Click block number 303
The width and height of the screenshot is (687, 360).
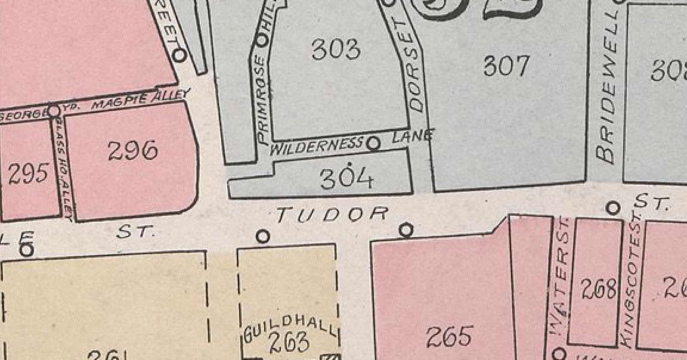coord(336,49)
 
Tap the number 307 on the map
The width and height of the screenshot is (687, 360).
coord(506,66)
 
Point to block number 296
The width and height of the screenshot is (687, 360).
coord(132,150)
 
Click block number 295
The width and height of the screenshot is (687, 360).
coord(28,173)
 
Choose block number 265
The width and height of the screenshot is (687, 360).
coord(450,337)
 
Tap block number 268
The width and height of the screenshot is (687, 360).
coord(598,290)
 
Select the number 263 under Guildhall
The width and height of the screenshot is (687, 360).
coord(289,343)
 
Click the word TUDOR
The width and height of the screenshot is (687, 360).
coord(332,214)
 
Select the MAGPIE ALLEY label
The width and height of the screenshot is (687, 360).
coord(141,101)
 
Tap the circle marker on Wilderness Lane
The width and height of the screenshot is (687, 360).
coord(373,144)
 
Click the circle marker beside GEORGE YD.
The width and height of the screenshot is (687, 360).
coord(54,111)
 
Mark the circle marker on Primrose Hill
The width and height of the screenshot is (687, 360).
coord(262,40)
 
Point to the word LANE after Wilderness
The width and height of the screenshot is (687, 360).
coord(412,136)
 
